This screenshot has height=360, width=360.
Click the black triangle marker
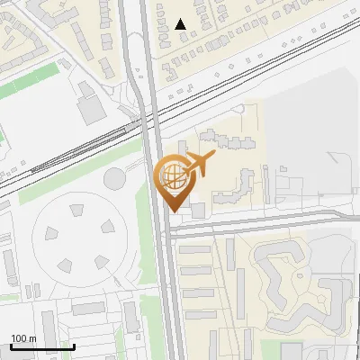point(181,24)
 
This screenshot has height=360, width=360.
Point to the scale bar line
point(41,347)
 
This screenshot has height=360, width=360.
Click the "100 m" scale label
point(23,338)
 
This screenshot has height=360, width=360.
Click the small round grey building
point(114,178)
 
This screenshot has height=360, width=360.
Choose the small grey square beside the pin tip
point(198,210)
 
